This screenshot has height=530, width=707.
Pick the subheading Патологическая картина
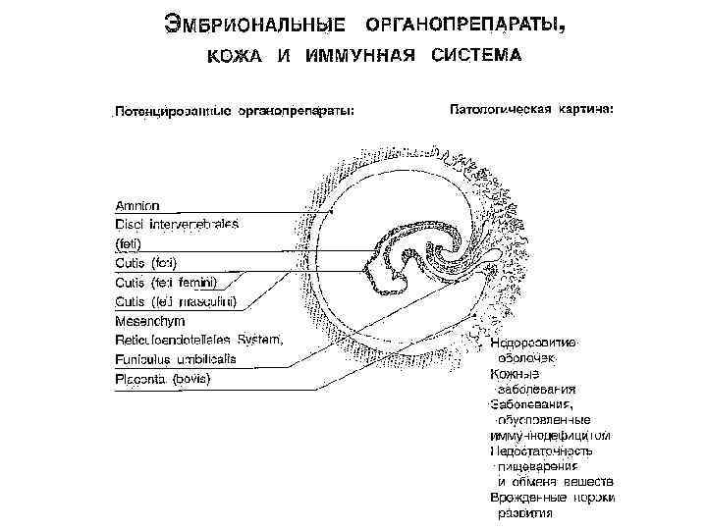coord(531,108)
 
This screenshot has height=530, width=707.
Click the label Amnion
coord(137,206)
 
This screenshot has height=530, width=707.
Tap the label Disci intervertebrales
coord(177,224)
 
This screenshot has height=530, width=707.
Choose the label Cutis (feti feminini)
coord(165,283)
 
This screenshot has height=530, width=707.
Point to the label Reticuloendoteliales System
coord(199,340)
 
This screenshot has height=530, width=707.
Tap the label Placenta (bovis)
coord(163,379)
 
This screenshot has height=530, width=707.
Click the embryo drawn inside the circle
coord(412,257)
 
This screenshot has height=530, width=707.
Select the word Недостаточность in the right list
coord(541,450)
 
